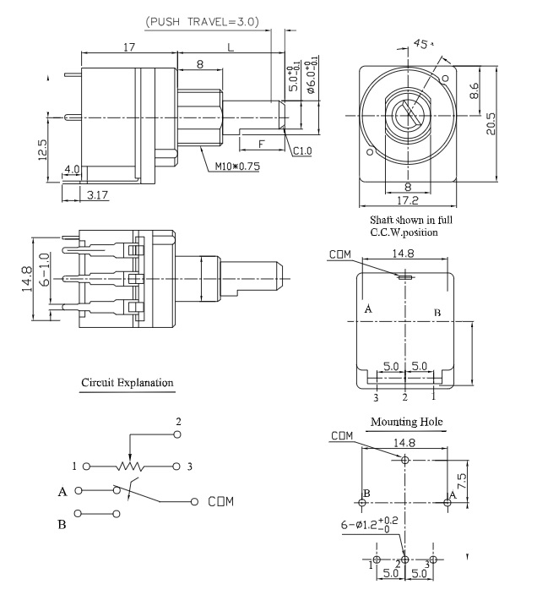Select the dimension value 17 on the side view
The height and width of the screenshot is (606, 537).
(x=128, y=48)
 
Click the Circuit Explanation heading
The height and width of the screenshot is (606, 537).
(x=127, y=383)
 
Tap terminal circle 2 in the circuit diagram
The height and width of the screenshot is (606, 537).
(x=177, y=434)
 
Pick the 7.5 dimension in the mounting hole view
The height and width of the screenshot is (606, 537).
(x=475, y=480)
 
